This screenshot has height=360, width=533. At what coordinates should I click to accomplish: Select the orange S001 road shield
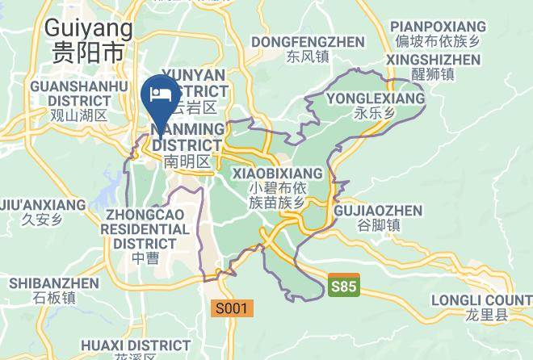tap(233, 308)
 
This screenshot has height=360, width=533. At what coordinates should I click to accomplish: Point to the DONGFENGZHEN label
tap(308, 41)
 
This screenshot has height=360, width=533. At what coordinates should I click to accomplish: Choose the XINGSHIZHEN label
tap(433, 61)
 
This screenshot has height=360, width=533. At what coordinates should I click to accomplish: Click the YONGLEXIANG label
tap(375, 98)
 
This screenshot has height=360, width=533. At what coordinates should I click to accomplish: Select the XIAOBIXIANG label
tap(277, 174)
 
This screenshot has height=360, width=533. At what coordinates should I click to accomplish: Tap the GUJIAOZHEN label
tap(377, 211)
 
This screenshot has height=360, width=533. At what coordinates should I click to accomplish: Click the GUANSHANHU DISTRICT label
tap(78, 93)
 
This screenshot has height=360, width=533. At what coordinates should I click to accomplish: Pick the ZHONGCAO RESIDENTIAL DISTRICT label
tap(145, 228)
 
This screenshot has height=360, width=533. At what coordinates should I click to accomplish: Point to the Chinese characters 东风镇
tap(308, 57)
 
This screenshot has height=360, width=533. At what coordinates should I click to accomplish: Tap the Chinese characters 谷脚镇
tap(377, 226)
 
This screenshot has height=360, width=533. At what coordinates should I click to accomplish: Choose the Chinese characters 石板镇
tap(54, 297)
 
